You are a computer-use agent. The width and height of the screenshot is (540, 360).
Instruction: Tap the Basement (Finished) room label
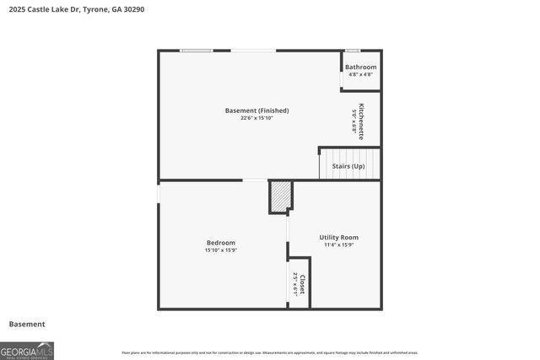click(x=256, y=110)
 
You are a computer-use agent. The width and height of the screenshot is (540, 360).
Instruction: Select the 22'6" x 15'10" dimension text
click(x=256, y=118)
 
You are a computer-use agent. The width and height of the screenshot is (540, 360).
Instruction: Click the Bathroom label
click(x=360, y=67)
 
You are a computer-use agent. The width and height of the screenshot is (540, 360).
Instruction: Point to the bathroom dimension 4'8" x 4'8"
click(x=360, y=74)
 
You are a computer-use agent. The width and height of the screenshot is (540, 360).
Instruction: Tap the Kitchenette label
click(x=362, y=121)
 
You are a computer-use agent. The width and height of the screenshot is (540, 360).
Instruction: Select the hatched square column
click(x=280, y=196)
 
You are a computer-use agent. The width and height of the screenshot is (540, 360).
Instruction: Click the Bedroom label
click(x=221, y=243)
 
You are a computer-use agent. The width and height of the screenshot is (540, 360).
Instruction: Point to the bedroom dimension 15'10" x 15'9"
click(x=221, y=250)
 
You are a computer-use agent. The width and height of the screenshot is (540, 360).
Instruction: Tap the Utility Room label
click(x=338, y=238)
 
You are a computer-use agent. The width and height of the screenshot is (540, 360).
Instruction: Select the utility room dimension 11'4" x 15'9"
click(x=338, y=245)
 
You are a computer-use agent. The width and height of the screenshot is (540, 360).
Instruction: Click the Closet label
click(x=302, y=282)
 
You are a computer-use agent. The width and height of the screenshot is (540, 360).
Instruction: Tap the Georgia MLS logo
click(x=27, y=350)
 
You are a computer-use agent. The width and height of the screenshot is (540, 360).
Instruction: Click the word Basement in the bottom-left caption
click(x=27, y=324)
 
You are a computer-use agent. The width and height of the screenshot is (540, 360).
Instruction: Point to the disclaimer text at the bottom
click(x=269, y=352)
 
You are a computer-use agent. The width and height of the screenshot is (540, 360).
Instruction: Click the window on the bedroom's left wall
click(x=159, y=193)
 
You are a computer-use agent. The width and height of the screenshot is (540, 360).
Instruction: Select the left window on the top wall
click(x=196, y=51)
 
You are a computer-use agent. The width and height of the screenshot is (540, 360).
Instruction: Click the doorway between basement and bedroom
click(x=255, y=180)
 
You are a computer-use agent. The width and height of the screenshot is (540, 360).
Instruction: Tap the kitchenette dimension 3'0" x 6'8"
click(x=354, y=121)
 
